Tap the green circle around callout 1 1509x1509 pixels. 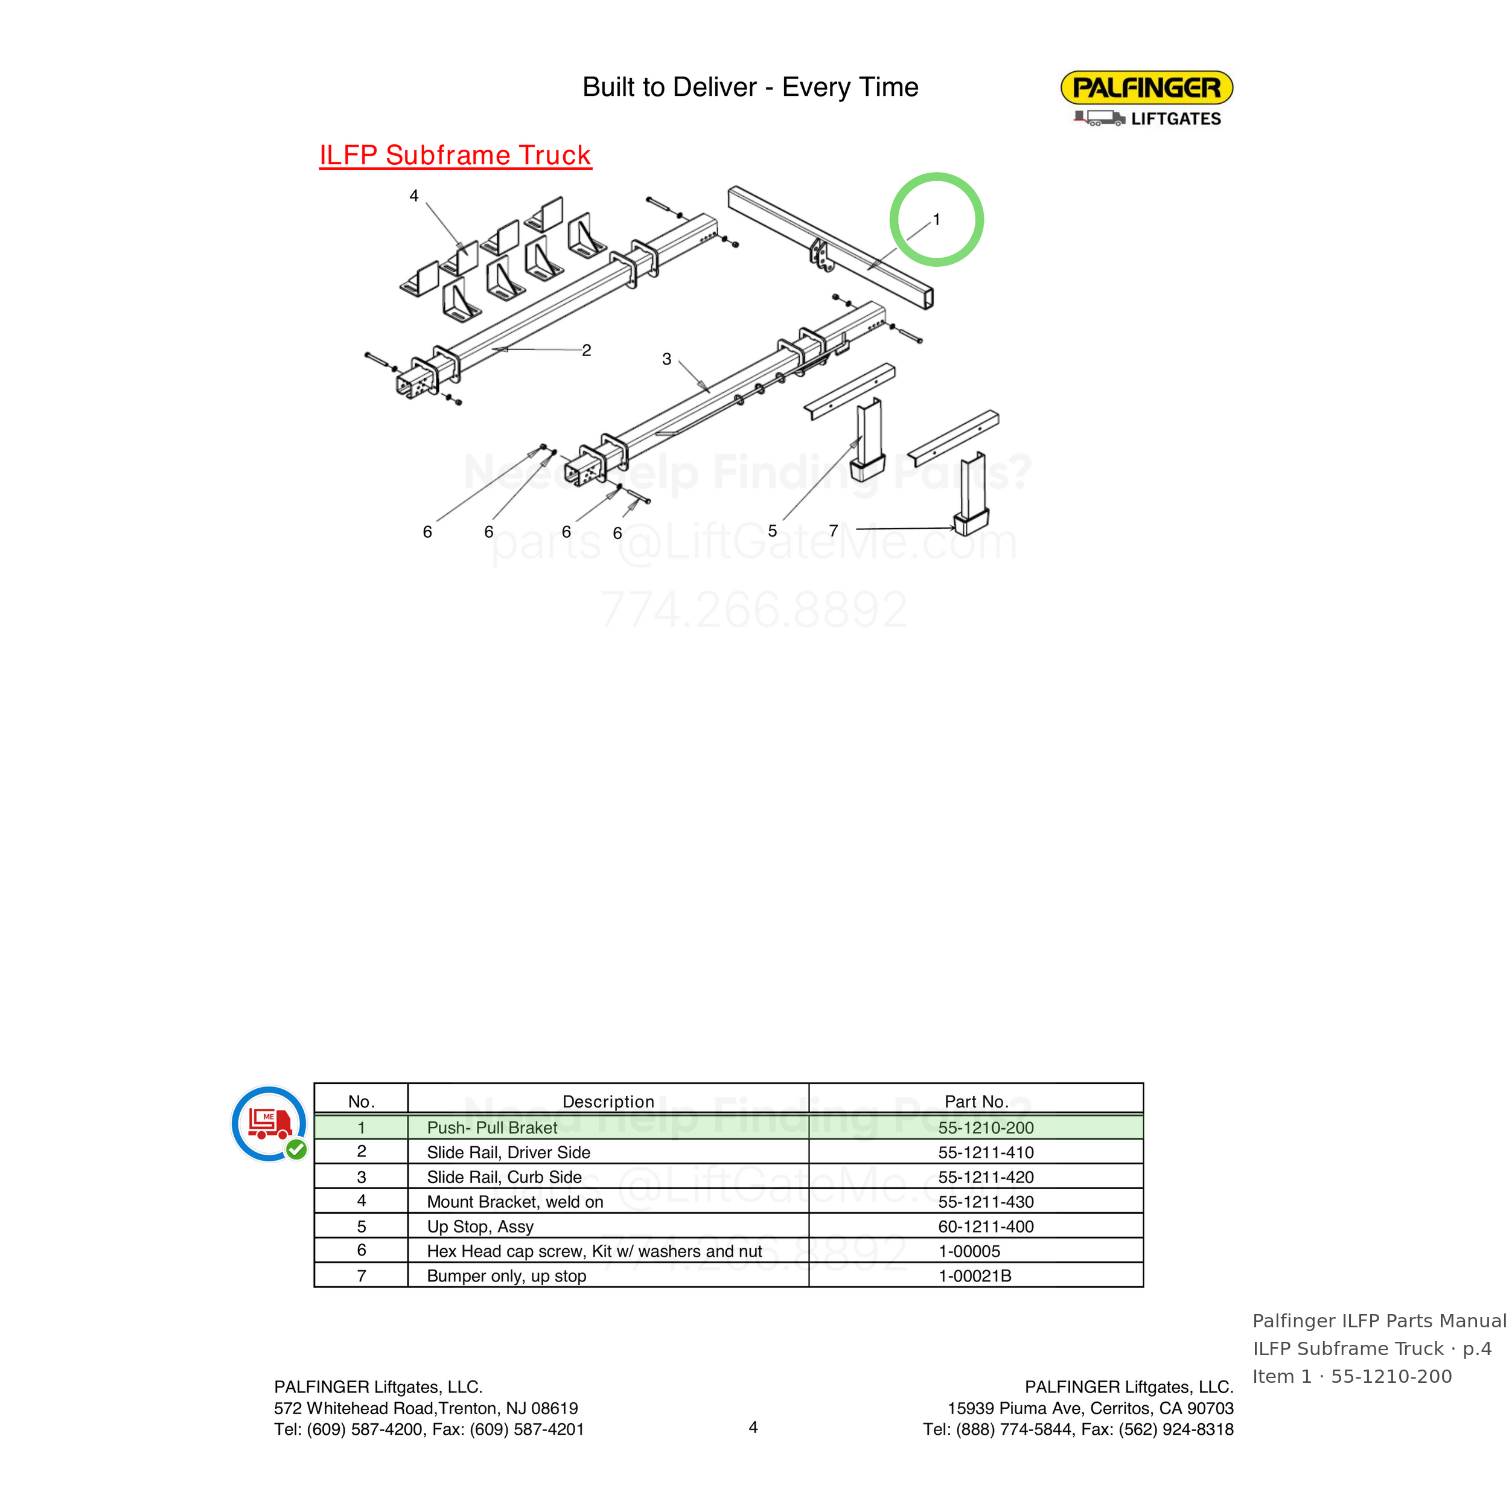click(x=937, y=174)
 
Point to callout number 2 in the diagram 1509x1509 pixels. click(x=587, y=350)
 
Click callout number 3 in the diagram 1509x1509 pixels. click(x=666, y=359)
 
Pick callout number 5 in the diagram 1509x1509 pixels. click(x=773, y=531)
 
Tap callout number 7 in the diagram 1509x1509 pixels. click(x=834, y=531)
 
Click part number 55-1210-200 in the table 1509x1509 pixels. click(x=986, y=1127)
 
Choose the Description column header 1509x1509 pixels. click(x=608, y=1102)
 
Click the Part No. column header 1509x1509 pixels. click(x=976, y=1102)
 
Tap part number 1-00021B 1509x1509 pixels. click(x=975, y=1275)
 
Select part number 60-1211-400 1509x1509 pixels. click(x=986, y=1227)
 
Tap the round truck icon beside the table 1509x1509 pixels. click(x=269, y=1124)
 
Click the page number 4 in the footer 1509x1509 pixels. click(x=753, y=1427)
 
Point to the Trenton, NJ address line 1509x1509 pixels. click(x=426, y=1408)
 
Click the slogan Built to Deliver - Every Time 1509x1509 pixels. click(x=751, y=87)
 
